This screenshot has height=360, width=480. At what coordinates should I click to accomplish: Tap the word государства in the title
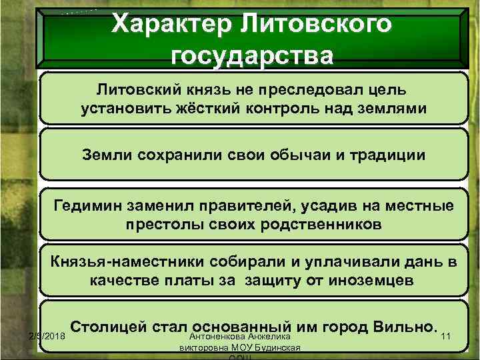(250, 55)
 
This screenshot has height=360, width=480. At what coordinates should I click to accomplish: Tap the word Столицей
(109, 327)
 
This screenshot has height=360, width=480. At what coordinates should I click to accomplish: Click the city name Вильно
(402, 327)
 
